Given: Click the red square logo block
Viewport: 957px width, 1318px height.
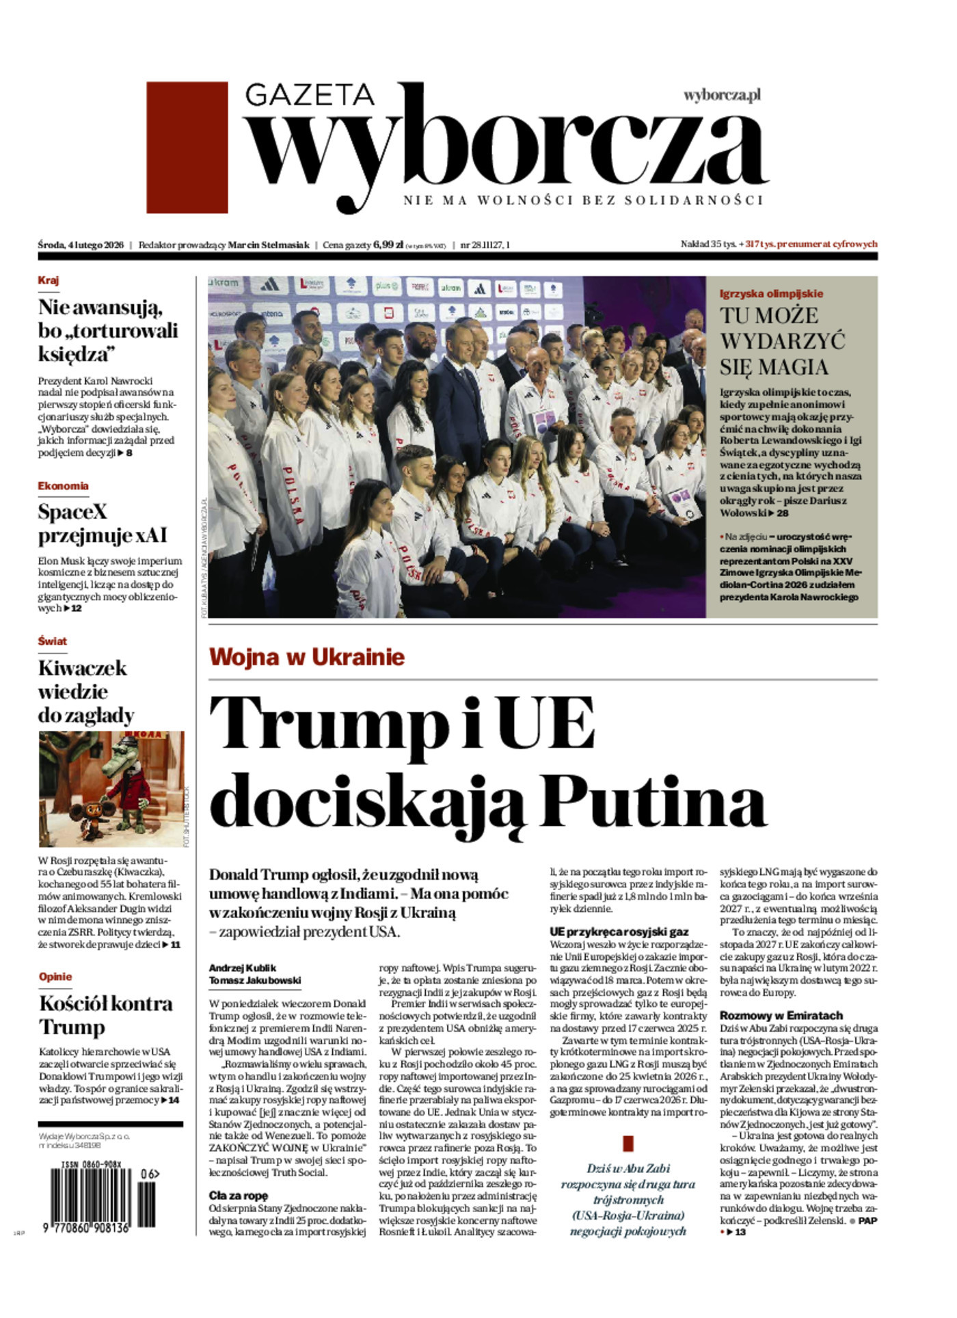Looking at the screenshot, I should [x=187, y=148].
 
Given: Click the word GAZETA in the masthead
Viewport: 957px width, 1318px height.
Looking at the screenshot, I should [x=310, y=95].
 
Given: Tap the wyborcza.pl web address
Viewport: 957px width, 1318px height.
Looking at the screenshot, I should [x=722, y=96].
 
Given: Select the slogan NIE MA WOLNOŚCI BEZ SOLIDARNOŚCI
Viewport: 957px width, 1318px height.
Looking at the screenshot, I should [x=582, y=200].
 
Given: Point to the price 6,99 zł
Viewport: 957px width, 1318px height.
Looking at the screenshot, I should [x=388, y=245].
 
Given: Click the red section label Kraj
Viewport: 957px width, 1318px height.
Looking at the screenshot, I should [x=49, y=280].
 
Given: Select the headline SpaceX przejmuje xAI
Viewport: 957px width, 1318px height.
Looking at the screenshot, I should [x=103, y=523].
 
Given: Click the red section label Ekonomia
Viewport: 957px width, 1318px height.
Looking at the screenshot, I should [x=63, y=486].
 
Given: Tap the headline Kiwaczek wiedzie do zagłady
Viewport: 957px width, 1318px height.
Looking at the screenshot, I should [x=85, y=691].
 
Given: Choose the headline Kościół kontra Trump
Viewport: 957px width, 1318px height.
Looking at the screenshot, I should [x=106, y=1015].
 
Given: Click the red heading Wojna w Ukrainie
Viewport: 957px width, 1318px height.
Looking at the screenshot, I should [x=307, y=657].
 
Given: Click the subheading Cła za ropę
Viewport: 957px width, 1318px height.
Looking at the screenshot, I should [x=239, y=1196].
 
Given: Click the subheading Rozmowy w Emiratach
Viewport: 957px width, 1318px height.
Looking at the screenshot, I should [x=781, y=1016].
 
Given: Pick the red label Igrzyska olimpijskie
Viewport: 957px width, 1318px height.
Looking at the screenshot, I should [x=771, y=294].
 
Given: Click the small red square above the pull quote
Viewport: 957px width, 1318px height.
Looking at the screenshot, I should [x=628, y=1142].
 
